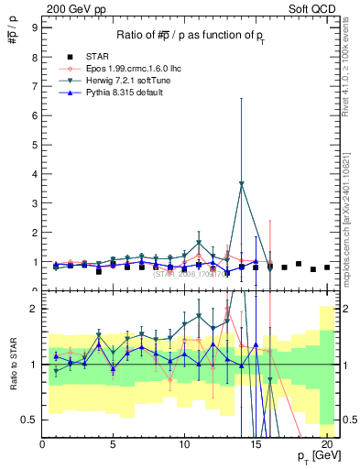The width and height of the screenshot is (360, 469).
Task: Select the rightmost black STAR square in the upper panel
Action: pyautogui.click(x=327, y=267)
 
